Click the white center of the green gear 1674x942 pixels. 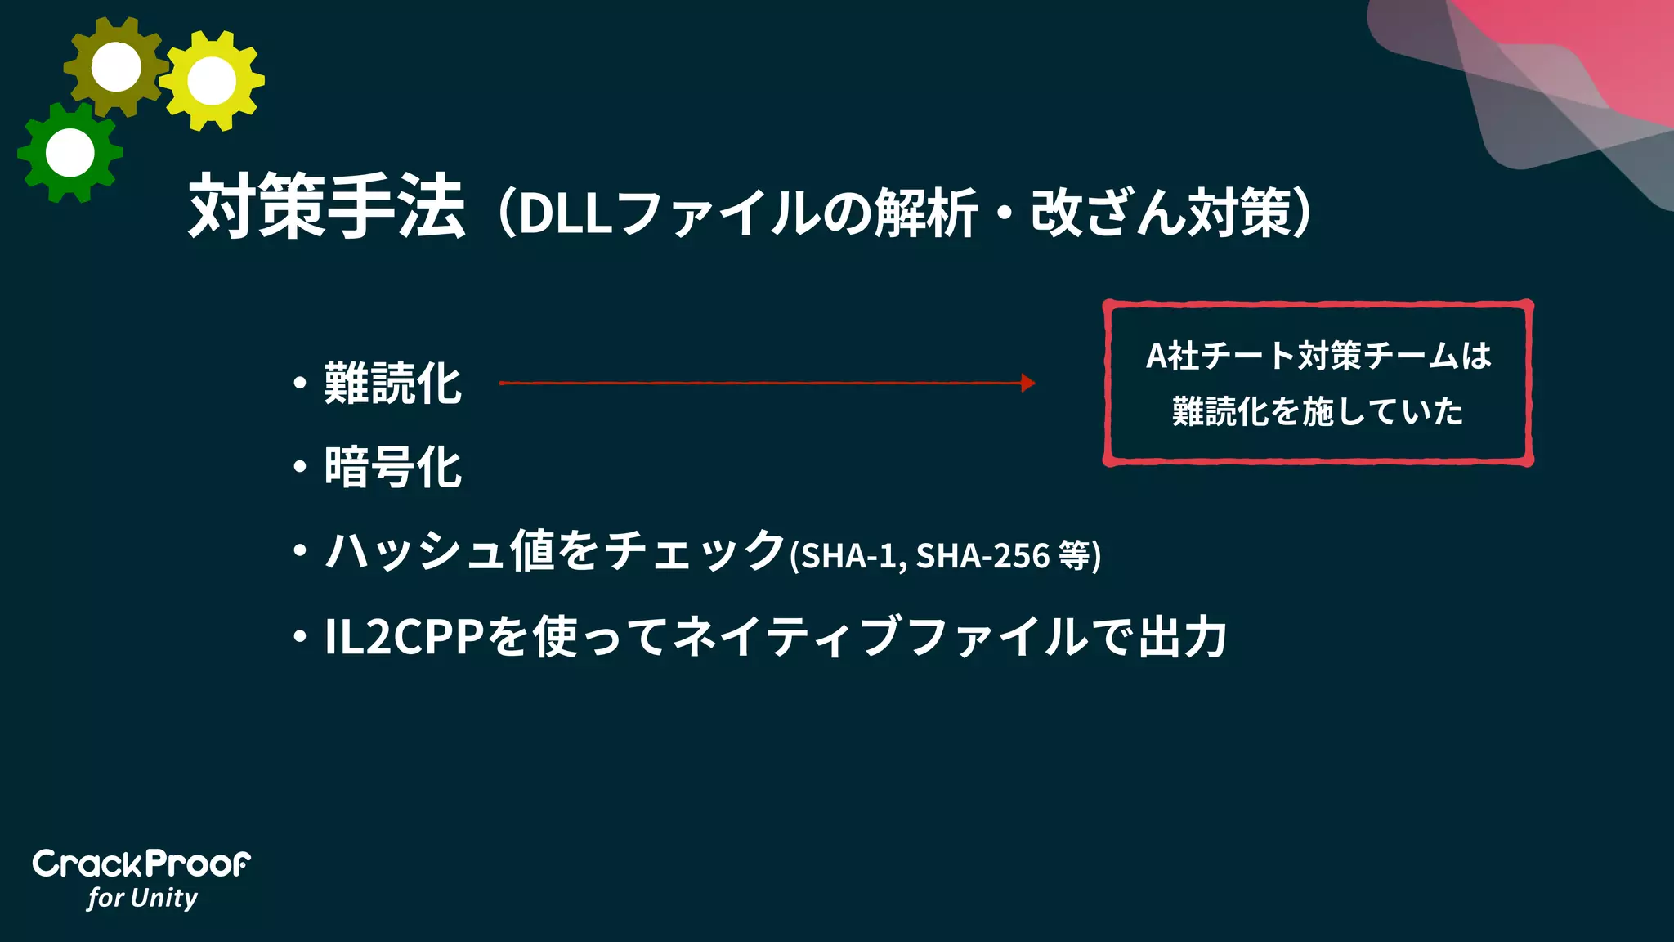click(x=70, y=152)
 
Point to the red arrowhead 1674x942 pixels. click(x=1028, y=383)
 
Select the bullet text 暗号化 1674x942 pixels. click(x=393, y=468)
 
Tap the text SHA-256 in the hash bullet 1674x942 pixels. click(x=982, y=556)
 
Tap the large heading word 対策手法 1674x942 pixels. click(x=327, y=206)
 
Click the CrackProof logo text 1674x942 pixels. click(x=141, y=864)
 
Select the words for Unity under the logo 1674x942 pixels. click(x=143, y=898)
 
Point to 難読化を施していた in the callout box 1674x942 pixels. click(x=1318, y=411)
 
